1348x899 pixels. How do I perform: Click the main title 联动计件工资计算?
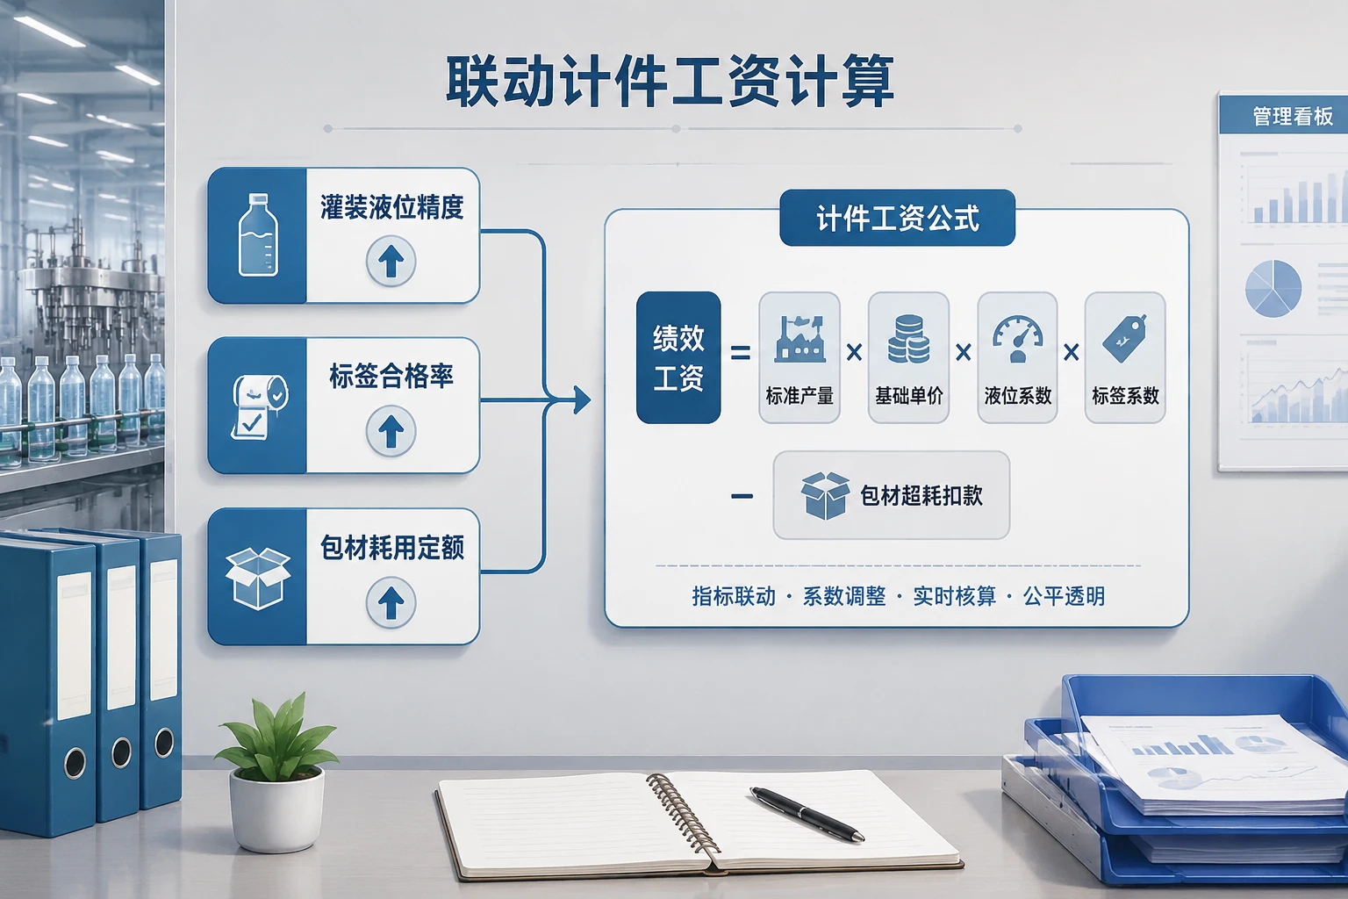[x=670, y=82]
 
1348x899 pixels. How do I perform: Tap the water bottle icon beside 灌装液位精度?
[x=258, y=234]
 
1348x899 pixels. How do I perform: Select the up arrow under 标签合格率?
[x=391, y=430]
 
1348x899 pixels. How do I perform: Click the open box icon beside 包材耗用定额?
[x=258, y=579]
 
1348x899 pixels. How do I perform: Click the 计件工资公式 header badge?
[x=897, y=218]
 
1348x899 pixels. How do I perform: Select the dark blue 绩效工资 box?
[x=678, y=357]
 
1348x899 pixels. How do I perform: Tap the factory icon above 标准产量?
[x=799, y=338]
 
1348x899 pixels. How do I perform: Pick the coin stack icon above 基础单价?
[x=908, y=339]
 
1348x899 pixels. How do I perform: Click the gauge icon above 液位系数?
[x=1018, y=339]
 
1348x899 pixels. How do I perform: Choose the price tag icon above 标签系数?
[x=1125, y=338]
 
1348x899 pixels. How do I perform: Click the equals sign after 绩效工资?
[x=740, y=352]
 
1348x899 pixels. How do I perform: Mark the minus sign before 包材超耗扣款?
[x=742, y=496]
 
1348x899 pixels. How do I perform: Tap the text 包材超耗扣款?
[x=921, y=495]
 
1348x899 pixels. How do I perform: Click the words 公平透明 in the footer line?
[x=1064, y=596]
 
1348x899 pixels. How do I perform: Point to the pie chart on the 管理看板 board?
[x=1273, y=289]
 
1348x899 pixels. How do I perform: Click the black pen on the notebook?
[x=807, y=814]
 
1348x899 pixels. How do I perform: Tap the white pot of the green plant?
[x=276, y=808]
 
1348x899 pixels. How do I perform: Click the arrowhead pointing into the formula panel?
[x=581, y=399]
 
